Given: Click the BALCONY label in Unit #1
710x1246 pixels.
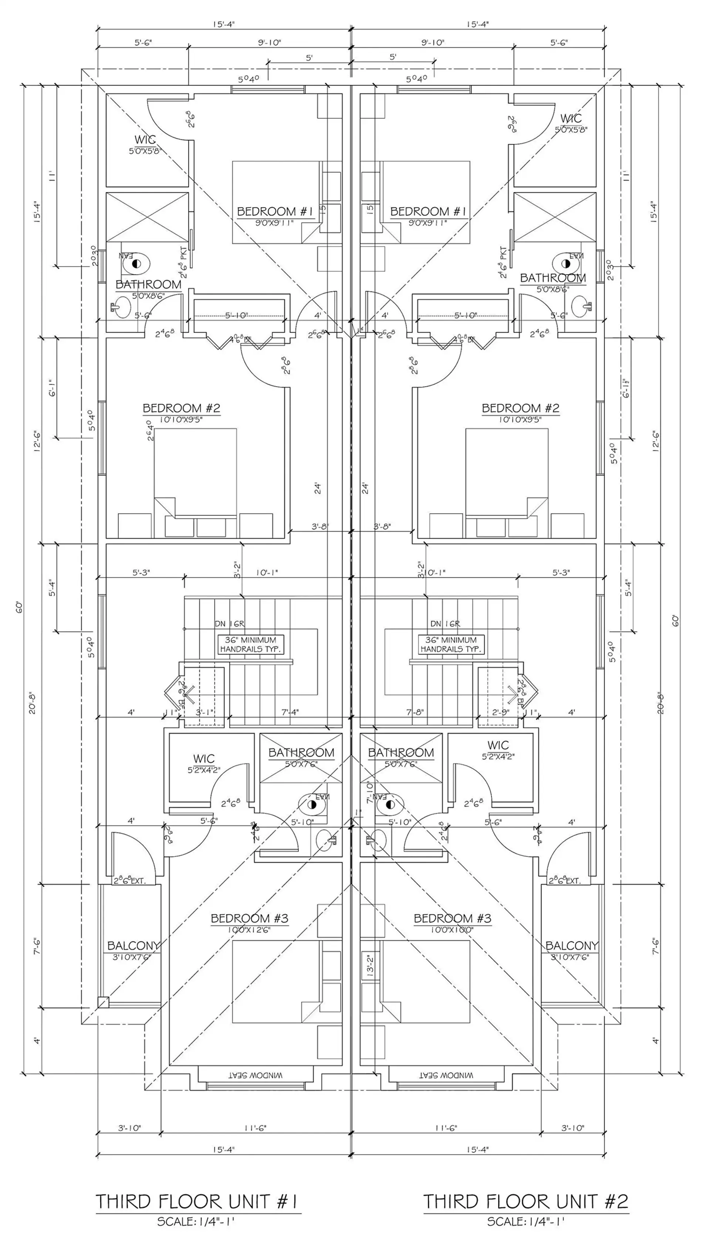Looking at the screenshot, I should pos(133,945).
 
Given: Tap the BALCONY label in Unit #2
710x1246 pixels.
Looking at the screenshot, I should pos(571,945).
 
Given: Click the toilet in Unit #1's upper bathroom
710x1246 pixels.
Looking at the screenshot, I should pos(136,264).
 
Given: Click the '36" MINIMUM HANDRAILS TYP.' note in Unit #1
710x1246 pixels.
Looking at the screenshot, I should pos(250,644).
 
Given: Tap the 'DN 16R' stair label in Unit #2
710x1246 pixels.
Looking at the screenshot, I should pos(445,623).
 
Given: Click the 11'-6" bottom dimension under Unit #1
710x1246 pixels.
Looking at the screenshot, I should pos(255,1128).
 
